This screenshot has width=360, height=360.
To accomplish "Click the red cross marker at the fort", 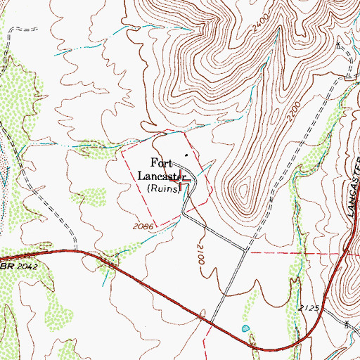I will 181,179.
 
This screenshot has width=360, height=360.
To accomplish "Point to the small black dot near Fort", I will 186,155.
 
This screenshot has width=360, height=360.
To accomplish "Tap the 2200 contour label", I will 294,110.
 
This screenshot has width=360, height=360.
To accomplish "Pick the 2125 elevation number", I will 307,308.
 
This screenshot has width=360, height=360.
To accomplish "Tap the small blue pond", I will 245,328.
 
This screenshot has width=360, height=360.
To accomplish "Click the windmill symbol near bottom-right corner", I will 347,324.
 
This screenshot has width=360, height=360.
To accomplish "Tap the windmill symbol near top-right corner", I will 338,46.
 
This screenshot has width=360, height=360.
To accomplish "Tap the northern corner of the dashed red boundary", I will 184,131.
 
